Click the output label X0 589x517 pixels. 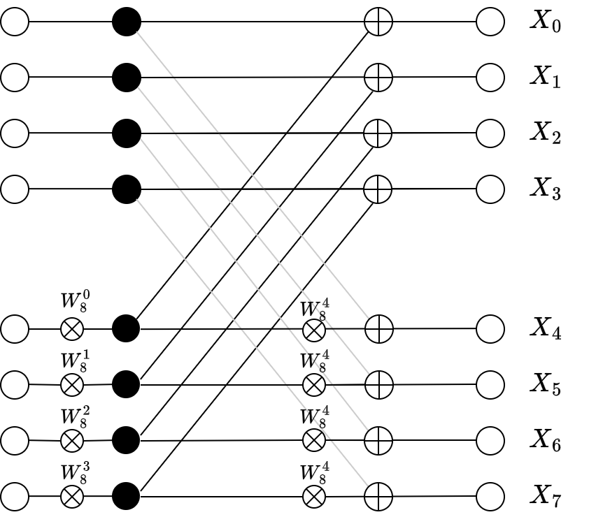click(546, 22)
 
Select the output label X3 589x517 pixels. click(546, 189)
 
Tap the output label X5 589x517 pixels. click(546, 385)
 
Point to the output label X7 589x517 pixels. click(546, 496)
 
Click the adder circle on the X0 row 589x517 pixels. click(378, 22)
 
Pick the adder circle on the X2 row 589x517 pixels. click(378, 133)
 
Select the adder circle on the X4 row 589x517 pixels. click(379, 328)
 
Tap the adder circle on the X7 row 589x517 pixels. click(378, 496)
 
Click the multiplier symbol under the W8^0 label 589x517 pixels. click(72, 329)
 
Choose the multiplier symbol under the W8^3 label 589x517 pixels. click(72, 496)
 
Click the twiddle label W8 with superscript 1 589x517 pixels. click(76, 362)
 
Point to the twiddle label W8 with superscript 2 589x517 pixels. click(76, 417)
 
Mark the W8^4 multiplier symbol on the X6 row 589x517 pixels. click(314, 440)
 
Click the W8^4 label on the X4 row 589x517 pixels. click(315, 310)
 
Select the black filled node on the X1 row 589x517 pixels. click(127, 78)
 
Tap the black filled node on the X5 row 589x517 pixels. click(126, 384)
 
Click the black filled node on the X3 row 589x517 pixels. click(127, 189)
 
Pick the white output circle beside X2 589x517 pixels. click(490, 133)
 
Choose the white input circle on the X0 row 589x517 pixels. click(15, 22)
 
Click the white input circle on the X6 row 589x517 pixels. click(15, 440)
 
